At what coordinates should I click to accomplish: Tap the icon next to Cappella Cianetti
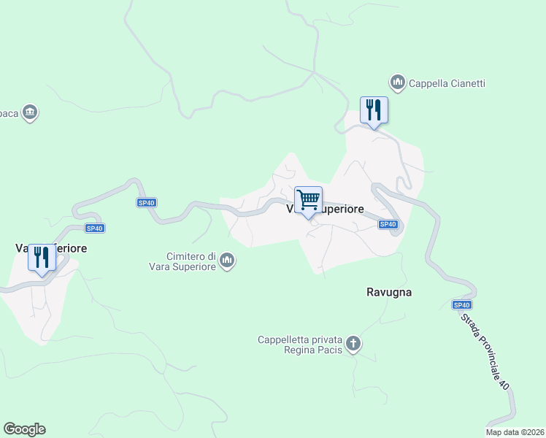(x=398, y=83)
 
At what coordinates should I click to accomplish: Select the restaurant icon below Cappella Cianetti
(x=374, y=111)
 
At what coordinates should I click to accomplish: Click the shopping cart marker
(x=309, y=200)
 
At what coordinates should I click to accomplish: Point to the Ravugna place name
(x=388, y=292)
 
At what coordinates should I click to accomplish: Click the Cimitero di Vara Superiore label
(x=190, y=261)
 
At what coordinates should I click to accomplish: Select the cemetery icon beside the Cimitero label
(x=227, y=261)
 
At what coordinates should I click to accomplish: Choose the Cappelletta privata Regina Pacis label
(x=301, y=345)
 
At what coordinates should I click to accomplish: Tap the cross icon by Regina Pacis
(x=353, y=344)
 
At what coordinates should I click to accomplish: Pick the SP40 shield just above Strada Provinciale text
(x=461, y=305)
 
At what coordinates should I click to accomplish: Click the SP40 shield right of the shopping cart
(x=388, y=225)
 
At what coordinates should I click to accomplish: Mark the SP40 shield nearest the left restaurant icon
(x=95, y=228)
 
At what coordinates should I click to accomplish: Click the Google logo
(x=24, y=429)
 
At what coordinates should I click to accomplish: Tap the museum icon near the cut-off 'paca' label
(x=29, y=112)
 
